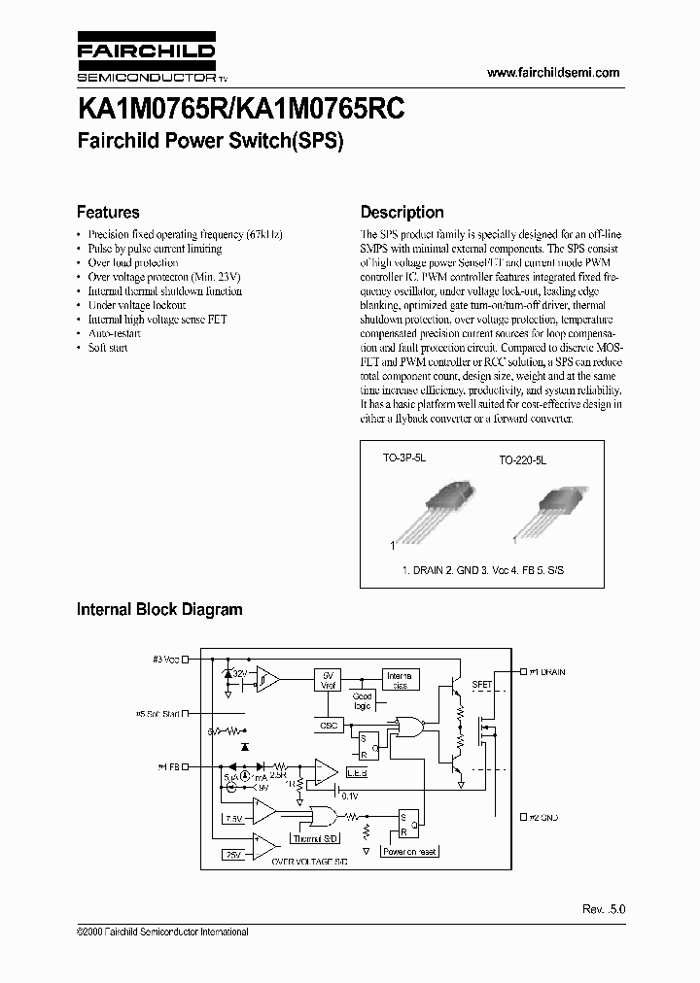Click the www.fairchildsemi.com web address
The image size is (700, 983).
pyautogui.click(x=552, y=73)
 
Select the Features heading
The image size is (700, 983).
pyautogui.click(x=108, y=212)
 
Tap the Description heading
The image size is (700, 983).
pyautogui.click(x=402, y=212)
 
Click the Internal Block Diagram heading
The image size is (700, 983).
pyautogui.click(x=159, y=610)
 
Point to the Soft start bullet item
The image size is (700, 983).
pyautogui.click(x=107, y=347)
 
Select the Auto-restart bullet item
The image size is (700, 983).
pyautogui.click(x=114, y=333)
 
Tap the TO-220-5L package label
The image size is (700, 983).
pyautogui.click(x=523, y=463)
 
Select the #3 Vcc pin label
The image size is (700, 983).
pyautogui.click(x=166, y=660)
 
